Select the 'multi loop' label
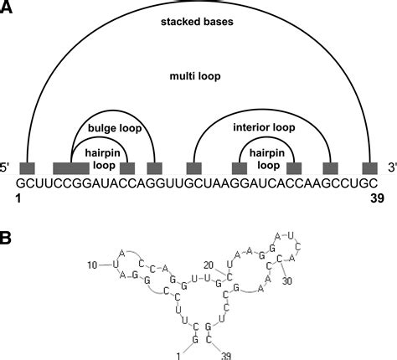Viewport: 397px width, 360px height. point(198,75)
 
